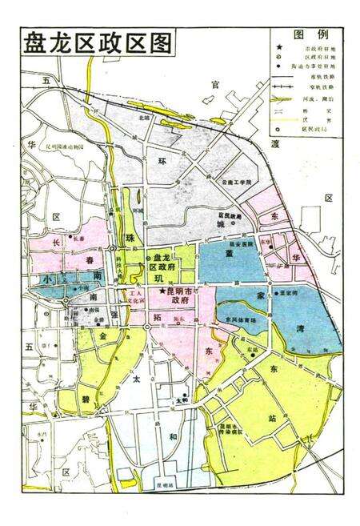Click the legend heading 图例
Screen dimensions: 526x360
[x=311, y=34]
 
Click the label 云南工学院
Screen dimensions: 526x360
[x=238, y=183]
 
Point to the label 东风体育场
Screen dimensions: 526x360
[x=241, y=319]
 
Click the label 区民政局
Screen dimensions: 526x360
[x=230, y=215]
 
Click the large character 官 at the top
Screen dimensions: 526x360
[x=212, y=85]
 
